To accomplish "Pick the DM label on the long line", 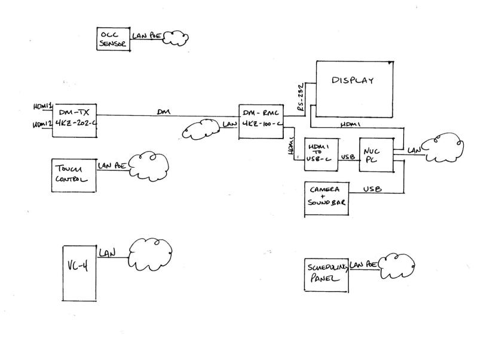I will point(163,111).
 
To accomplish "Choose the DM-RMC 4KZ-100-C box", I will point(260,122).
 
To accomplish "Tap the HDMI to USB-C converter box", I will point(321,153).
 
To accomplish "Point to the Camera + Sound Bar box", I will point(326,196).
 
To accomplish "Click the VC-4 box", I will point(79,272).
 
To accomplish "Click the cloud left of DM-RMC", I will point(201,127).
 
